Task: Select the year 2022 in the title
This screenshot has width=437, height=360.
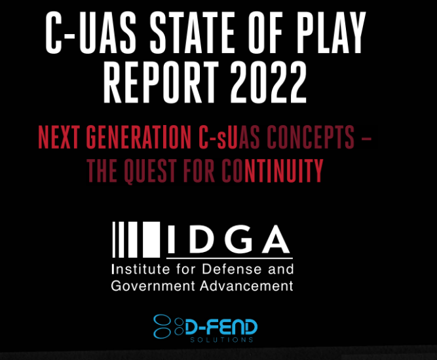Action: [x=268, y=82]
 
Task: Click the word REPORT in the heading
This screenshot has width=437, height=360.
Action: [x=161, y=82]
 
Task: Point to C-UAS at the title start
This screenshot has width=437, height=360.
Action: [x=91, y=33]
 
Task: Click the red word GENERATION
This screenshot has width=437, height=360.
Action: [x=138, y=137]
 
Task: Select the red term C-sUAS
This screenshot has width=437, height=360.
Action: [x=229, y=137]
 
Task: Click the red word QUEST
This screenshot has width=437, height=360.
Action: [x=150, y=171]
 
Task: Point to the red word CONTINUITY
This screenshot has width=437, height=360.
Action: [x=273, y=171]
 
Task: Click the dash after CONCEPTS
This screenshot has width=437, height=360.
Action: [x=366, y=138]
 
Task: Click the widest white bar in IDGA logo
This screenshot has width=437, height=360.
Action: [x=151, y=240]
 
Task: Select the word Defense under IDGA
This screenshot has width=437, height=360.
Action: [x=231, y=269]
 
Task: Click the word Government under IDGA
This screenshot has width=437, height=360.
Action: [x=153, y=286]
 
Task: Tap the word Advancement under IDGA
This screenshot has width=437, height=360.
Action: [x=247, y=286]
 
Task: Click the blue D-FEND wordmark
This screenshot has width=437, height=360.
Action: [x=221, y=327]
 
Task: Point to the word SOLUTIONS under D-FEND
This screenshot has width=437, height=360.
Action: [x=221, y=340]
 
